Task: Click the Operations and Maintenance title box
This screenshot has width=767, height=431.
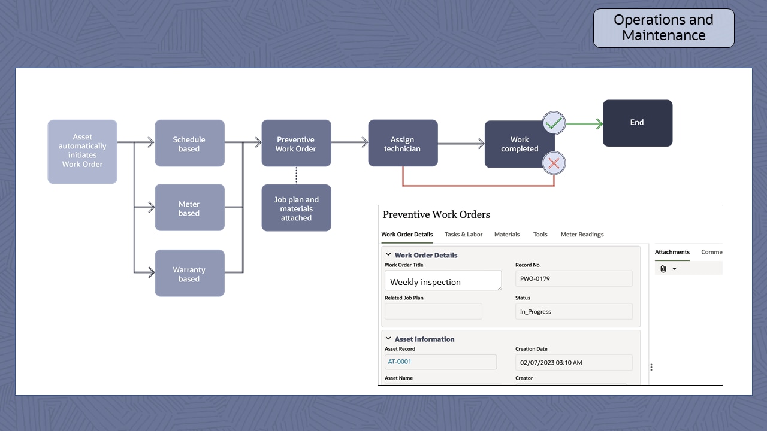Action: [663, 28]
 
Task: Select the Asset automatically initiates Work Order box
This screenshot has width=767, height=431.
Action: [82, 151]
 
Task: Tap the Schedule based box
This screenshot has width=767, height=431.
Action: [189, 144]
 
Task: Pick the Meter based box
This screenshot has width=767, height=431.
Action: [189, 208]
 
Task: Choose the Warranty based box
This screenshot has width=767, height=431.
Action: [189, 274]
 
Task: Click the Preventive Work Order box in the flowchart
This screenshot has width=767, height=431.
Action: [296, 144]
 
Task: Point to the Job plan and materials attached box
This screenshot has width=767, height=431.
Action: [296, 208]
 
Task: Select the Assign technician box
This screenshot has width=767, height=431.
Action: [403, 144]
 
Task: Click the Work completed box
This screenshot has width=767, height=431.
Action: [519, 144]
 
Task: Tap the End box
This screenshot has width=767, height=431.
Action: [637, 123]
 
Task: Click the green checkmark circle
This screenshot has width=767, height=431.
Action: [554, 123]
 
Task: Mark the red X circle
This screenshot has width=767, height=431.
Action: [554, 163]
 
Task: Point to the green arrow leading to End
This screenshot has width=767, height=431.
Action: [584, 124]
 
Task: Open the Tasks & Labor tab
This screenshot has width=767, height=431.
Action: [463, 235]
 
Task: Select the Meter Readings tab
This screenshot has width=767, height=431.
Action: [582, 235]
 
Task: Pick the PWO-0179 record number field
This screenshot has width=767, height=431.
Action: [573, 278]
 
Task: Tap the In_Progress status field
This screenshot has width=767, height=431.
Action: [573, 311]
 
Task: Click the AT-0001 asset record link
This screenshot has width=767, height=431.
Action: [400, 362]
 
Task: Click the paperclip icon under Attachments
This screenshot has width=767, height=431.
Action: [663, 269]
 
